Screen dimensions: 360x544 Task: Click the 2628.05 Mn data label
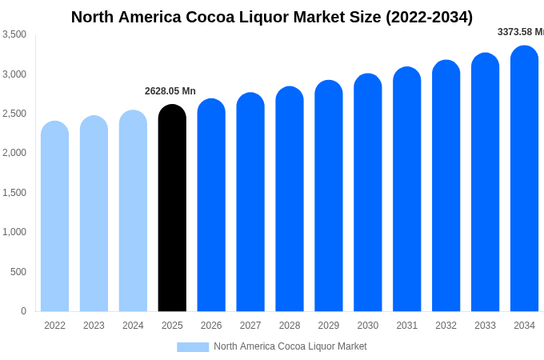click(x=170, y=91)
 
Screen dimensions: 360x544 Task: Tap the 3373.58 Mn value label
click(x=520, y=32)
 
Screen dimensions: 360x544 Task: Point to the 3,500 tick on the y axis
click(x=14, y=34)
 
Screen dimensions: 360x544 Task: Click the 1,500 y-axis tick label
click(x=14, y=193)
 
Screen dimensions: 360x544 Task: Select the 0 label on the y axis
click(x=23, y=311)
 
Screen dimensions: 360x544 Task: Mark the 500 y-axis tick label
click(x=18, y=272)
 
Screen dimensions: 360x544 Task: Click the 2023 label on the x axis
click(x=94, y=326)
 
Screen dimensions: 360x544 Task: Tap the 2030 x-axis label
click(x=368, y=326)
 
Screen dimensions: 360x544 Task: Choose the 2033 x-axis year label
click(x=485, y=326)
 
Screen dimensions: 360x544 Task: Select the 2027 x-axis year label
click(x=250, y=326)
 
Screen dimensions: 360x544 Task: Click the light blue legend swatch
click(x=193, y=347)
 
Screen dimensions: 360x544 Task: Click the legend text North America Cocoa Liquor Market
click(x=290, y=346)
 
